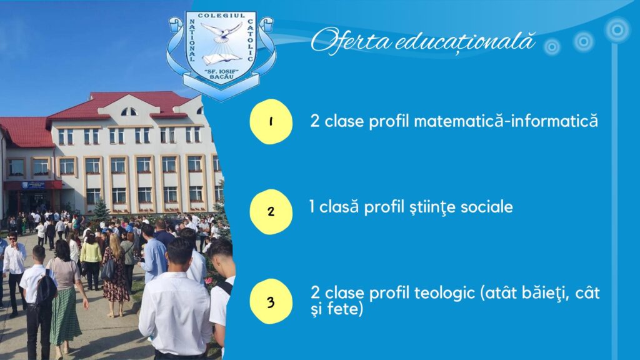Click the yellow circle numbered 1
(271, 122)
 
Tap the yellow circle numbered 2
(271, 211)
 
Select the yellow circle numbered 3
(271, 302)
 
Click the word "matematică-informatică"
(506, 121)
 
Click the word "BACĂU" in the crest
(222, 77)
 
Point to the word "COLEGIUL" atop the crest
(221, 16)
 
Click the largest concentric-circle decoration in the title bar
(617, 30)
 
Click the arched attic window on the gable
(129, 111)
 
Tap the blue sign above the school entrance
(33, 186)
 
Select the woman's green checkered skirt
(65, 316)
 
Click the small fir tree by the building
(101, 210)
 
